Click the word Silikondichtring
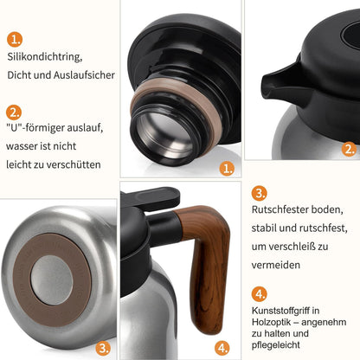(45, 57)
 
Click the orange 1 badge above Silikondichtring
(15, 39)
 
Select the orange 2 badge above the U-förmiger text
(14, 112)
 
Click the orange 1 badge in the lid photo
(227, 169)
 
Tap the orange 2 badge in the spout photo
(349, 149)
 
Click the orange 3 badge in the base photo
(103, 348)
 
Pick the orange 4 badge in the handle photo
(222, 348)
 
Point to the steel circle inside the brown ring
(52, 280)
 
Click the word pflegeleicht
(275, 345)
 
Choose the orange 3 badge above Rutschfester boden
(260, 193)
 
